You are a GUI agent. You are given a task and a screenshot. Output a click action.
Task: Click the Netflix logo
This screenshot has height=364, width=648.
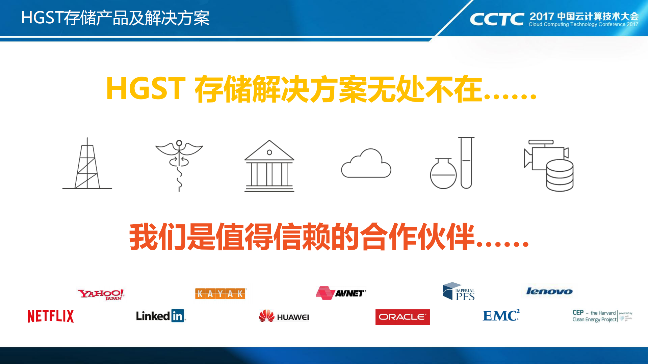point(51,316)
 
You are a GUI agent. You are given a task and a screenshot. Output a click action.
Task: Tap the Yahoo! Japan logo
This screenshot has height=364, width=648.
point(101,294)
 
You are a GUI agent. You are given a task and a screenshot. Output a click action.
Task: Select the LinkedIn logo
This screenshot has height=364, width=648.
point(161,316)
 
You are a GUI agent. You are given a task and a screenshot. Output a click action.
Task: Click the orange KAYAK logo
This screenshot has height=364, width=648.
point(220,293)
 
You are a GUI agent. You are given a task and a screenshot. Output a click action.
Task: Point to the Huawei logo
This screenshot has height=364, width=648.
point(284,316)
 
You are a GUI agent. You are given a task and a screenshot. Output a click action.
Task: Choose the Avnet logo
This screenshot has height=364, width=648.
point(341,293)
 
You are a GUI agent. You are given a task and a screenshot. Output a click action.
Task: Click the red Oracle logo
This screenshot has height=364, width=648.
point(403,317)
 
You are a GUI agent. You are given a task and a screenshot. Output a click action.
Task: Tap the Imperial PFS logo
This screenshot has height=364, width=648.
point(459,292)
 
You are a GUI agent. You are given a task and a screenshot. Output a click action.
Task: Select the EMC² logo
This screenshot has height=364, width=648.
point(501,315)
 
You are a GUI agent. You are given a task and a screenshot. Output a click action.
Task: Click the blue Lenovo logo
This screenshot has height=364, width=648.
point(549,291)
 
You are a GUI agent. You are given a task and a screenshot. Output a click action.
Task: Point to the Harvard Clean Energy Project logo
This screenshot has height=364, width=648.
point(602,316)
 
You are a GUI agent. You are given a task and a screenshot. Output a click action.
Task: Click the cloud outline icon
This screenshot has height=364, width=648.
point(366,165)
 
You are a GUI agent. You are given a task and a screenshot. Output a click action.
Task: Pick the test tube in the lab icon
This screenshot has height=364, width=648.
point(466,163)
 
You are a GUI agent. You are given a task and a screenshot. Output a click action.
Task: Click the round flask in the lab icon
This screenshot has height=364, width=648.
point(443,173)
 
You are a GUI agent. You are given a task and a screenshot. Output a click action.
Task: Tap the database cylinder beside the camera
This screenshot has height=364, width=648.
point(560,175)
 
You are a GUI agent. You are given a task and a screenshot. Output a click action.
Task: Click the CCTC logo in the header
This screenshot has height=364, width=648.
point(497,19)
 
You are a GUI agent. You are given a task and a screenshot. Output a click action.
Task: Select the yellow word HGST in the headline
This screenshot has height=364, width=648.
point(146,89)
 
